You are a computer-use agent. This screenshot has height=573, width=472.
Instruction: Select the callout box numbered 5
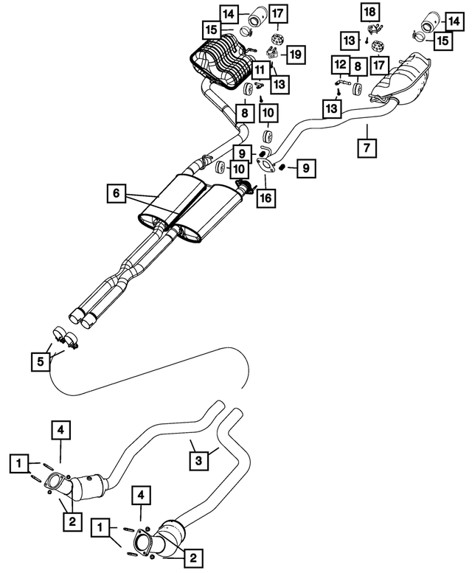tap(40, 361)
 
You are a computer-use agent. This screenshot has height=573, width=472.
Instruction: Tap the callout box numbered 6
tap(115, 193)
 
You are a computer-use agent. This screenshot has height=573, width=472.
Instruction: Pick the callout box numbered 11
tap(260, 71)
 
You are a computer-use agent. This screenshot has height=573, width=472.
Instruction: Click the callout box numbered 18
tap(367, 11)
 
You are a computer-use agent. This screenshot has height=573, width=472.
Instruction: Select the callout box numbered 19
tap(295, 53)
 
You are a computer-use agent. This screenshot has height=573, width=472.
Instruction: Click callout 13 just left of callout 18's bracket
tap(352, 38)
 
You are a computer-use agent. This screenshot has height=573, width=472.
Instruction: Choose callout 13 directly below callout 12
tap(331, 108)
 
